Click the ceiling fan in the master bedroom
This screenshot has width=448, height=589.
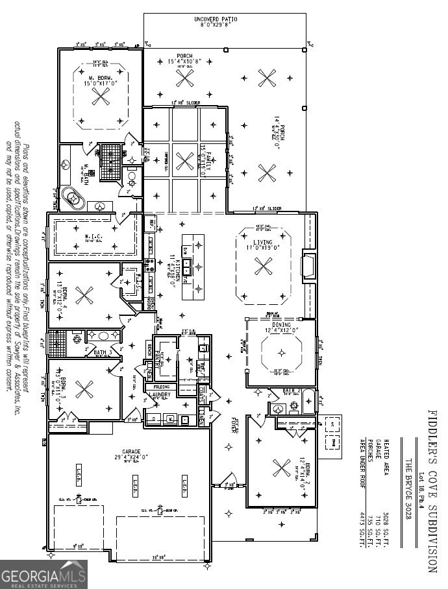(x=100, y=97)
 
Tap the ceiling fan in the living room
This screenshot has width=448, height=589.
(x=263, y=266)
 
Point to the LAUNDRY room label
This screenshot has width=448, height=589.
(x=160, y=394)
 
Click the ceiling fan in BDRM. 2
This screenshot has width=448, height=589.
(x=281, y=467)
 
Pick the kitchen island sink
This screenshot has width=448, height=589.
(x=189, y=264)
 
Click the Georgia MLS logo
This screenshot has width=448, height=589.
(x=44, y=574)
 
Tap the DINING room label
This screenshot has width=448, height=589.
(x=282, y=330)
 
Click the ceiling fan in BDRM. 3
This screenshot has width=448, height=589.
(x=83, y=390)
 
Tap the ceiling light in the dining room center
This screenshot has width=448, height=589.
(x=282, y=353)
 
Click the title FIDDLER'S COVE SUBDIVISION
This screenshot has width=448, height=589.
(x=431, y=490)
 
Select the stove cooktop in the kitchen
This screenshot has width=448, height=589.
(x=149, y=264)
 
